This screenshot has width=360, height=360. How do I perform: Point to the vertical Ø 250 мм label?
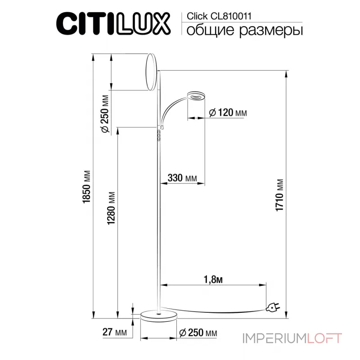coord(104,114)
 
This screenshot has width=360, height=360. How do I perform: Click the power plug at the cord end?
coord(273,307)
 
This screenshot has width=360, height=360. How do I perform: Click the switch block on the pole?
coord(158,134)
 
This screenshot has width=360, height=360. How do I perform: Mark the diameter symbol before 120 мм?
coord(213,112)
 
